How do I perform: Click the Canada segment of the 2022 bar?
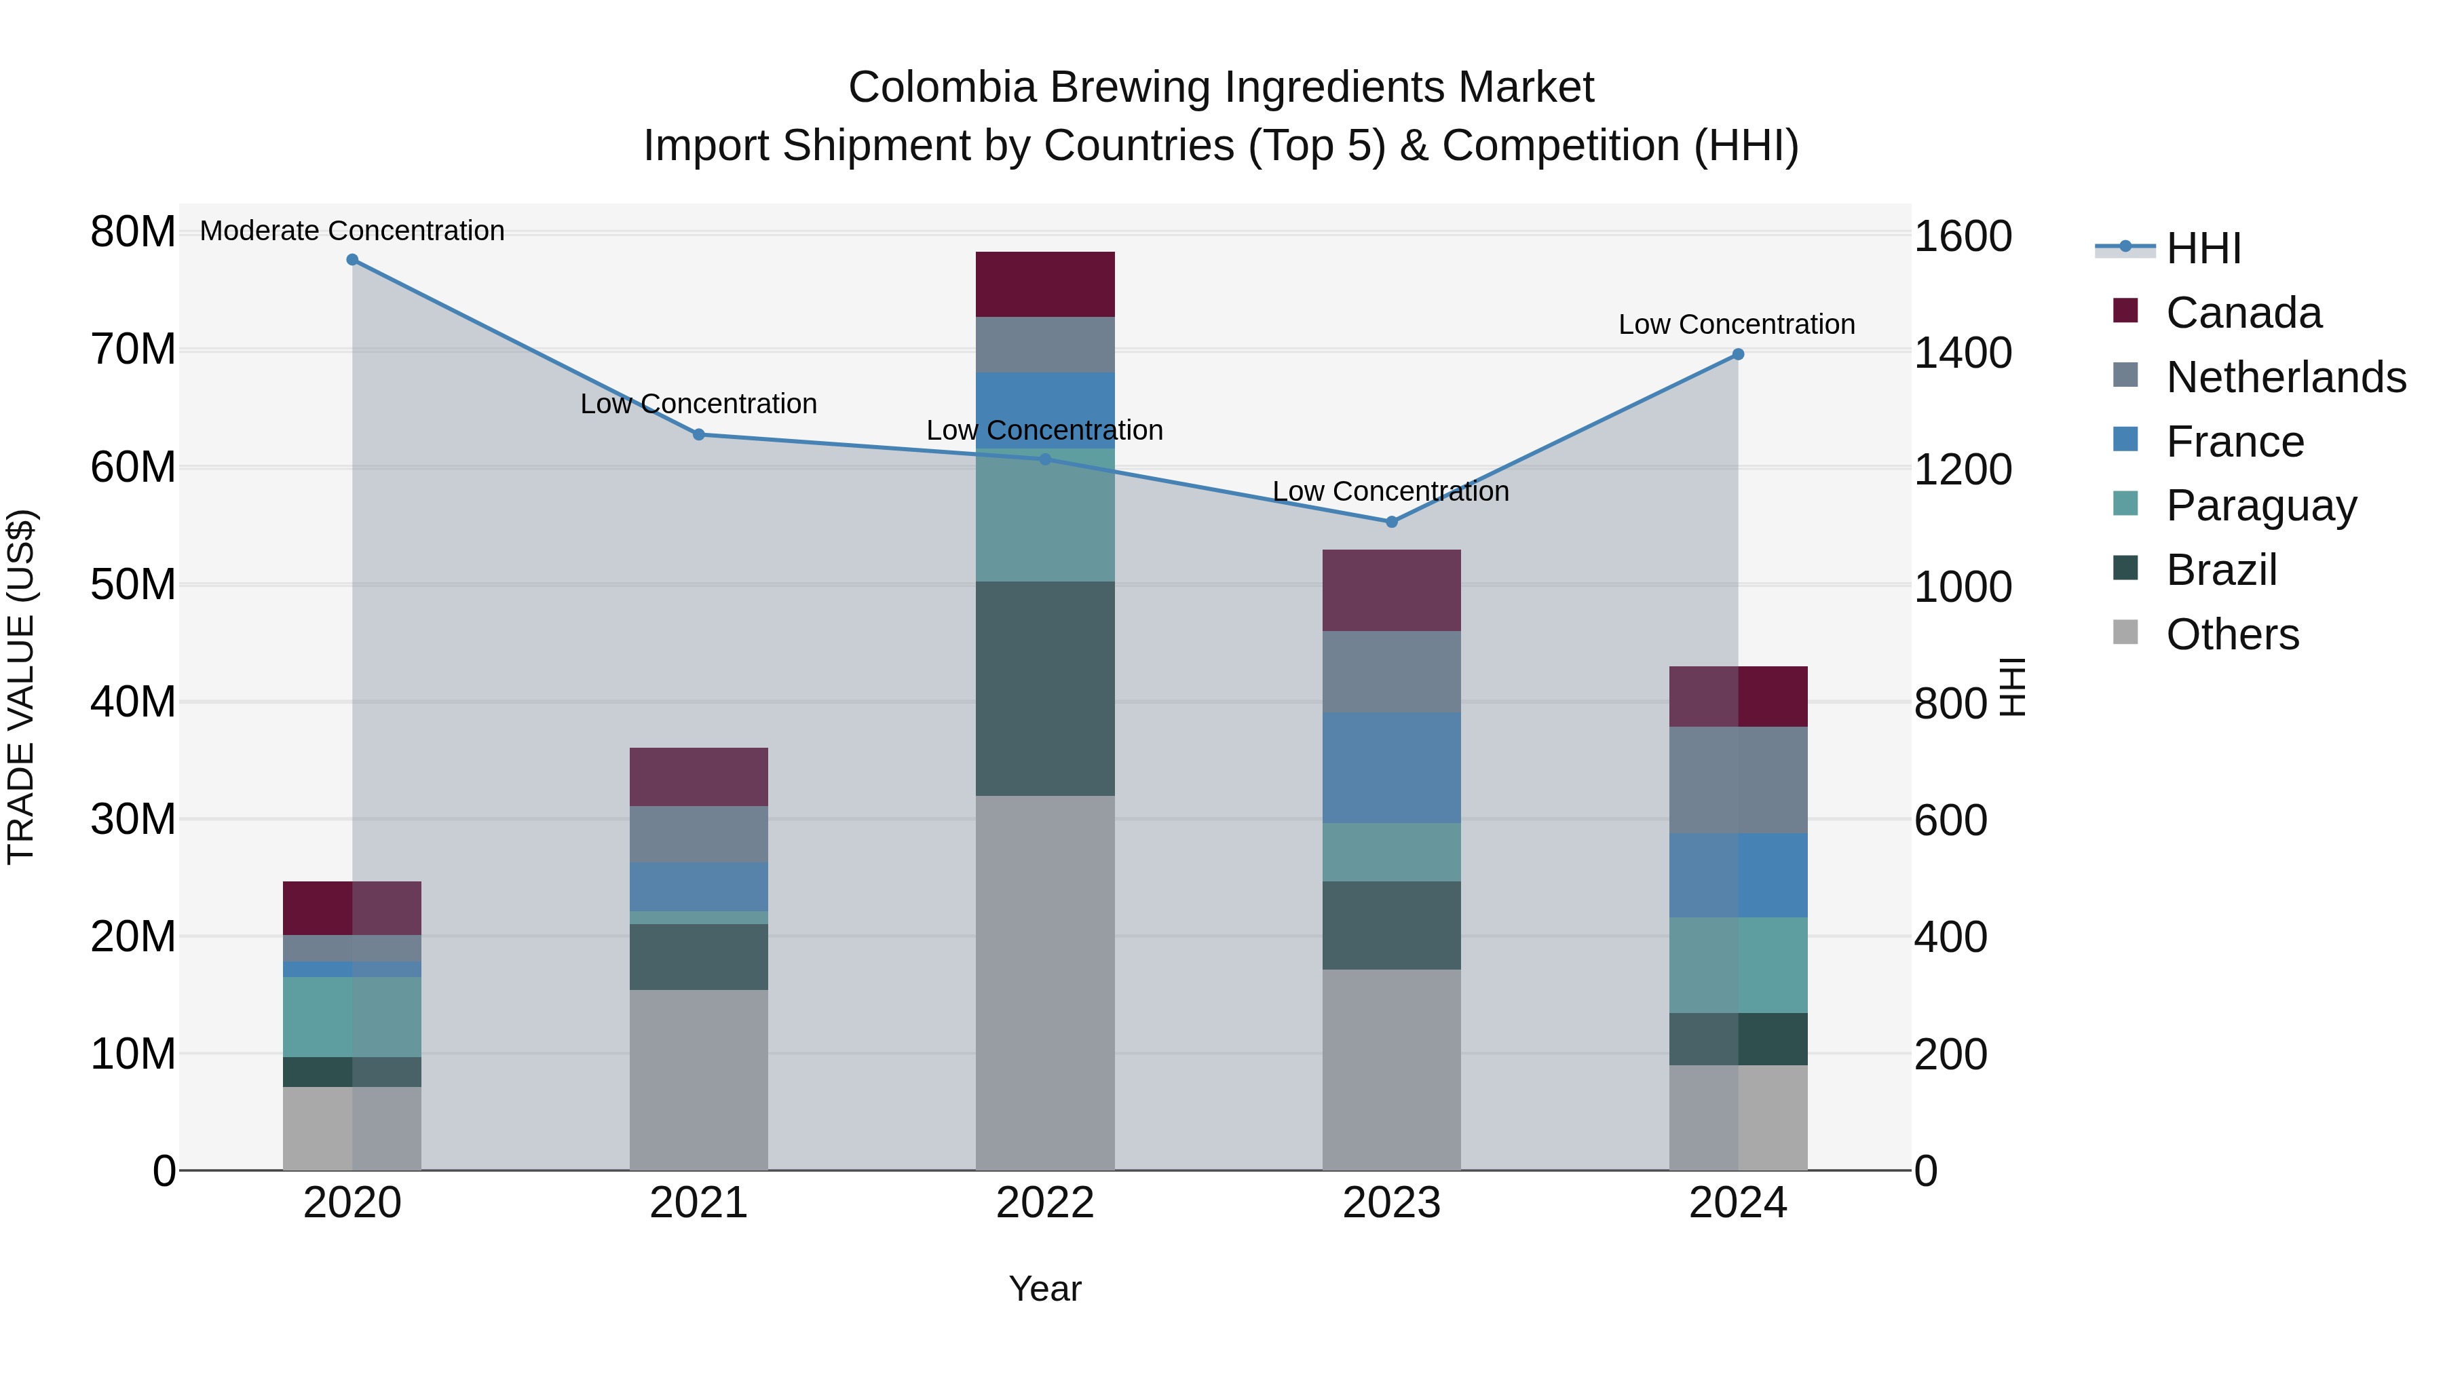point(1045,284)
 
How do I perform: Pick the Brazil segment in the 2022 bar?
point(1045,689)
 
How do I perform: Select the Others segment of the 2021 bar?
point(698,1080)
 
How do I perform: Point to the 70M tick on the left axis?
point(133,350)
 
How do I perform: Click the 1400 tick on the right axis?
point(1962,353)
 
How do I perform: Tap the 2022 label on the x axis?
point(1045,1203)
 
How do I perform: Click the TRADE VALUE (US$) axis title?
point(21,687)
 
